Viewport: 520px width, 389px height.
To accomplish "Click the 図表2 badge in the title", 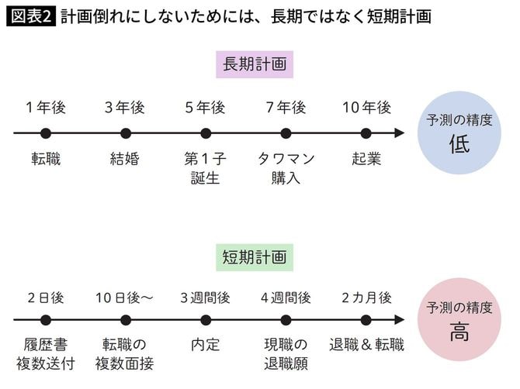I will (x=31, y=16).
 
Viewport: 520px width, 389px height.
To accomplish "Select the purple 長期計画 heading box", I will (x=255, y=65).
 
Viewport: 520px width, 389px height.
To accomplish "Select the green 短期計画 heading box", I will (x=255, y=256).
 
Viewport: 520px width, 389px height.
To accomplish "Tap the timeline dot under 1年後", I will (x=46, y=133).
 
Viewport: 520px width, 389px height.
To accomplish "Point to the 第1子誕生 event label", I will (x=205, y=169).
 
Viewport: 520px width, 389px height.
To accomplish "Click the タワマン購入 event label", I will (x=286, y=169).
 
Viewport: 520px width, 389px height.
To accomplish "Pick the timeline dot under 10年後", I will (x=366, y=133).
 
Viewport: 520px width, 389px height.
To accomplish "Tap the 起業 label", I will (x=366, y=160).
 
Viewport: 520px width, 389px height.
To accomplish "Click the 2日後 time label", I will (x=46, y=298).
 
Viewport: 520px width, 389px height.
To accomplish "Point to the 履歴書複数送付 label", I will (x=46, y=353).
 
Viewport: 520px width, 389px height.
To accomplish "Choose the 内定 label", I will (x=205, y=345).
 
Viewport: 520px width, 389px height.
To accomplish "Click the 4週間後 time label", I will (x=286, y=298).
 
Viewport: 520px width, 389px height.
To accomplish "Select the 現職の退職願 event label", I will (x=286, y=353).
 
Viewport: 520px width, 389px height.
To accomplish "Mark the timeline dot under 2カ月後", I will (x=366, y=319).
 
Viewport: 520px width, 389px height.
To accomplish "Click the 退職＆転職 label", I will (x=366, y=345).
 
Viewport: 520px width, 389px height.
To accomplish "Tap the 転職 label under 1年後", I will (x=46, y=160).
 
